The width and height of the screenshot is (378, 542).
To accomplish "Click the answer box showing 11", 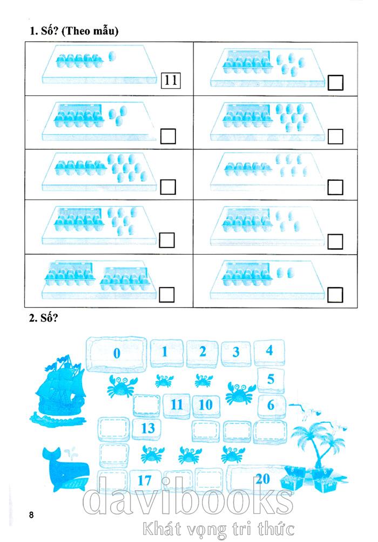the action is [x=171, y=80].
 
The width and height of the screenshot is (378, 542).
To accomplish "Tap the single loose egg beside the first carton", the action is [x=112, y=56].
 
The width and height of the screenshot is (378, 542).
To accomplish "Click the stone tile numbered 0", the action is [x=116, y=354].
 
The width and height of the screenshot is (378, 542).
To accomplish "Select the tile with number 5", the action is [x=271, y=380].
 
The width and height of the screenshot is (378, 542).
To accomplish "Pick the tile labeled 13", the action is [x=147, y=428].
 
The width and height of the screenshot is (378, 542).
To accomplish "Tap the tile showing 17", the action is [x=144, y=481].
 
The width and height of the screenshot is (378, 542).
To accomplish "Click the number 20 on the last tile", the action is [x=263, y=479].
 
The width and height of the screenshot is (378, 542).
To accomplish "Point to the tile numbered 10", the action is [x=206, y=405].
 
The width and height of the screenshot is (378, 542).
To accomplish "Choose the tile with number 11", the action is [x=177, y=405].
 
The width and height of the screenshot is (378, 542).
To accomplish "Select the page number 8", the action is [x=31, y=514].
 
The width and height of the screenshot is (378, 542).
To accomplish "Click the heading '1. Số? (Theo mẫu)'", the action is [x=74, y=31].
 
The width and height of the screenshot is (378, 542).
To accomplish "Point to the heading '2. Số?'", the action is [x=43, y=318].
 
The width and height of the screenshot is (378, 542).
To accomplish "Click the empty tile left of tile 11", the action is [x=147, y=405].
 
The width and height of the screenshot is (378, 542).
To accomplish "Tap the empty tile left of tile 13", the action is [x=113, y=429].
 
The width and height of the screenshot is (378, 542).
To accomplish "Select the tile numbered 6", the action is [x=272, y=406].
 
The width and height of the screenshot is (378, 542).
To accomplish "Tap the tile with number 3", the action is [x=236, y=353].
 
